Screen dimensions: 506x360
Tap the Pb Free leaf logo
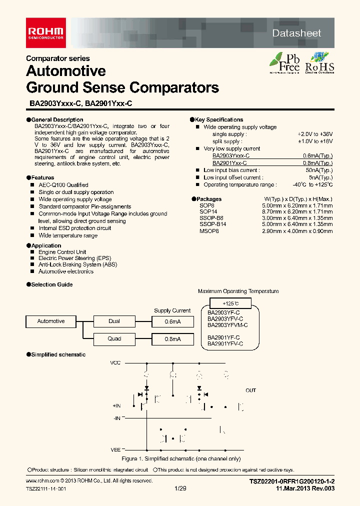(x=284, y=62)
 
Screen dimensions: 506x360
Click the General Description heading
(x=57, y=120)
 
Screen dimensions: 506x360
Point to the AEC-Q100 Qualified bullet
(x=63, y=185)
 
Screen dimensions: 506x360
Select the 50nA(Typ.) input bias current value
(x=320, y=170)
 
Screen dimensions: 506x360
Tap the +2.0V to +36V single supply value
(x=315, y=134)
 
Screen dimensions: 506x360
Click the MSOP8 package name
(x=209, y=231)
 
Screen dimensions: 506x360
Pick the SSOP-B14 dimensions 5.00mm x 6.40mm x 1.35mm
(x=297, y=224)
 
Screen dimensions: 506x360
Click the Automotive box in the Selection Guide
(x=51, y=321)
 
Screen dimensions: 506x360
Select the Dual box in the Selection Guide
(x=114, y=321)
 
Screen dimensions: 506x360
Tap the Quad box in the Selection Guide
(x=114, y=339)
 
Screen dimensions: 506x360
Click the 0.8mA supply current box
(x=172, y=339)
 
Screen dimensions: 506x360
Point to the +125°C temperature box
(x=230, y=303)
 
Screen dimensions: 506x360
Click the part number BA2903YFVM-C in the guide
(x=227, y=325)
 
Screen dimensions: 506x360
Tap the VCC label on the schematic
(x=115, y=362)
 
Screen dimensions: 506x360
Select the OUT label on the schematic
(x=250, y=390)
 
